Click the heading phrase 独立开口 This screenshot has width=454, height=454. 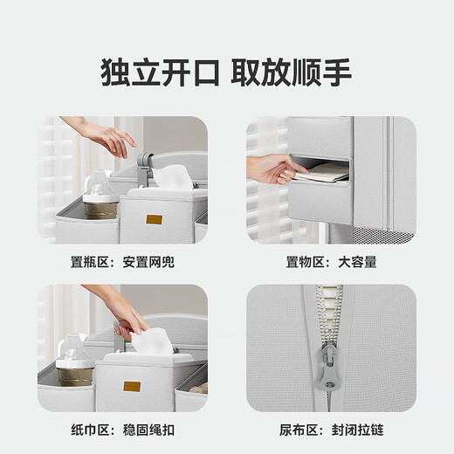tap(160, 72)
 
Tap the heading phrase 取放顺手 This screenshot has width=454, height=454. tap(292, 72)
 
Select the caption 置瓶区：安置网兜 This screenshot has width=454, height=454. tap(122, 262)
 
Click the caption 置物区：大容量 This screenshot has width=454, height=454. tap(331, 262)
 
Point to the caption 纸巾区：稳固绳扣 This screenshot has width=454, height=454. tap(122, 430)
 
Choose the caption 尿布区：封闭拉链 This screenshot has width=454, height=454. tap(331, 430)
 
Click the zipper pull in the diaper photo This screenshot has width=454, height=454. tap(329, 368)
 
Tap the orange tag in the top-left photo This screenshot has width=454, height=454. tap(154, 219)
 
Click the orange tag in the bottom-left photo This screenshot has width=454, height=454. tap(132, 387)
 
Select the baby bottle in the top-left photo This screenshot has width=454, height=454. tap(100, 196)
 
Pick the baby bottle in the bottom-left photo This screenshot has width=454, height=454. tap(75, 361)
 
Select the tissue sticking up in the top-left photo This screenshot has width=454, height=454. tap(172, 177)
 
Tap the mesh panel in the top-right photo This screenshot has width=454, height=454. tap(382, 235)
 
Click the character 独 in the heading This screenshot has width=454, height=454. tap(114, 72)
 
